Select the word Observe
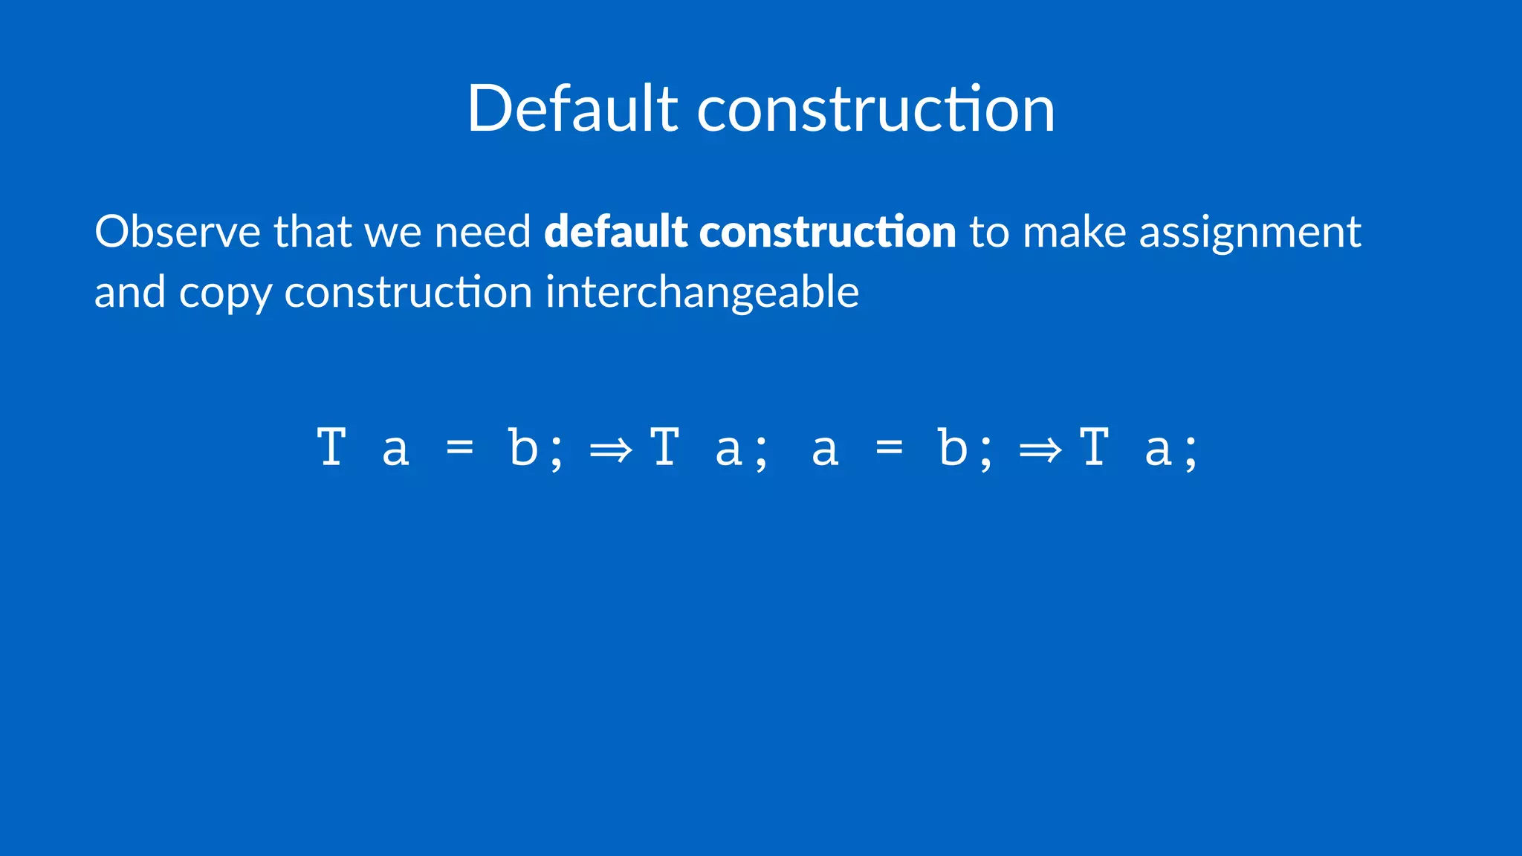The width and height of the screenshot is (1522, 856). (177, 231)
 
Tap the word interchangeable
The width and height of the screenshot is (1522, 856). (702, 293)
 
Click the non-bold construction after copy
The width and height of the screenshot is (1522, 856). (408, 291)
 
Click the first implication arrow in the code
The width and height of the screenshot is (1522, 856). (610, 449)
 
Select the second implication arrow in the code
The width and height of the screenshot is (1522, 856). (1040, 449)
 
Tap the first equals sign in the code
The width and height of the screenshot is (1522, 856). (460, 447)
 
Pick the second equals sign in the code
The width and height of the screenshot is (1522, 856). (890, 447)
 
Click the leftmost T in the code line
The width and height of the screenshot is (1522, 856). (331, 447)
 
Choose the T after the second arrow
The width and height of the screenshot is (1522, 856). (1095, 447)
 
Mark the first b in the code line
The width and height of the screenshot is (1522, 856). (524, 447)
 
